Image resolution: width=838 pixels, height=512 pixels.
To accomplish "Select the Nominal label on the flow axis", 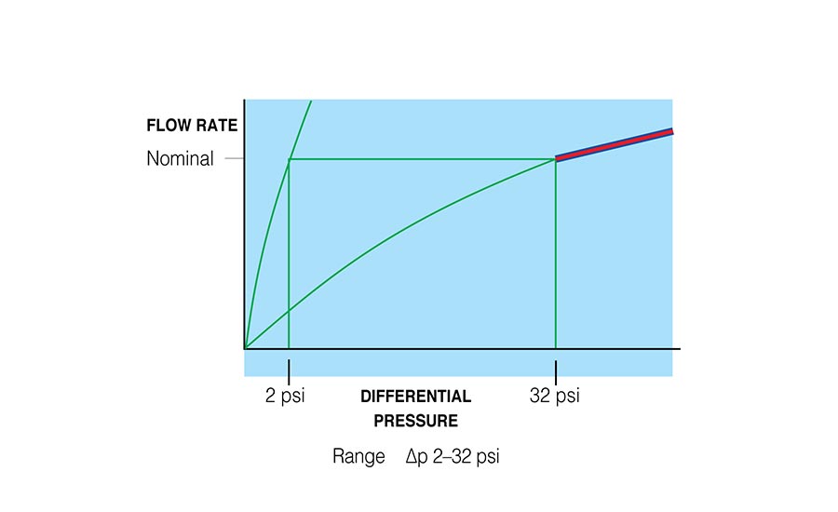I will tap(180, 159).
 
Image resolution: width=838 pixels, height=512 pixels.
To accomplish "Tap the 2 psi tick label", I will tap(285, 396).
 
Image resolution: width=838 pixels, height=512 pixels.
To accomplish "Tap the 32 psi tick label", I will tap(554, 396).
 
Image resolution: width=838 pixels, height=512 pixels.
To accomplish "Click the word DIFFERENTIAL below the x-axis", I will tap(415, 396).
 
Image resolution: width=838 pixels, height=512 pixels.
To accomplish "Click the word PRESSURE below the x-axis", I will tap(415, 421).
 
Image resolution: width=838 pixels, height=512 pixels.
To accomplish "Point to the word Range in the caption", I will tap(358, 457).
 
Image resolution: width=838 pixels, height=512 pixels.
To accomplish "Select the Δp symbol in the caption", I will tap(415, 457).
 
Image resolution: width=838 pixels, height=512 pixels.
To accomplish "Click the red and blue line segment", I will tap(615, 144).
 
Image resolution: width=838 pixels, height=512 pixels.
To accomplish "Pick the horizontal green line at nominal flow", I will tap(419, 159).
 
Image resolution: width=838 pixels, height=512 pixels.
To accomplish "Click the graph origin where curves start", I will tap(245, 348).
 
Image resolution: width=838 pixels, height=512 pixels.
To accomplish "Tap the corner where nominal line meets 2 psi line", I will tap(289, 159).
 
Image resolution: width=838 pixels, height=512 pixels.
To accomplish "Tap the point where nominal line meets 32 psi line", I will tap(556, 159).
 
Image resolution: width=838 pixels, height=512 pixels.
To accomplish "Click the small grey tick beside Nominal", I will tap(233, 159).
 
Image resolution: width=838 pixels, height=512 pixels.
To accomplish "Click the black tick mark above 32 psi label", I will tap(556, 367).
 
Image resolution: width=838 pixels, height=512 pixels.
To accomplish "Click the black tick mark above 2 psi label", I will tap(289, 367).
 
